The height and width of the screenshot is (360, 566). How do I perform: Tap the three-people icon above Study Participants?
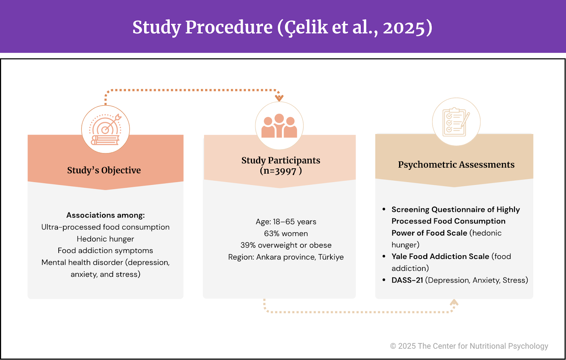tap(279, 126)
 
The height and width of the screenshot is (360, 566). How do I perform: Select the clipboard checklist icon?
tap(456, 122)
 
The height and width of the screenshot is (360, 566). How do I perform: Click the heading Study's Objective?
tap(104, 170)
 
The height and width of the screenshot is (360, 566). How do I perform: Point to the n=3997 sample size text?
tap(281, 171)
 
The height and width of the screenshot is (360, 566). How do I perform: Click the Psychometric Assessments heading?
tap(456, 164)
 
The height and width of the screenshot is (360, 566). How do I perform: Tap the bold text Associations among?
tap(105, 215)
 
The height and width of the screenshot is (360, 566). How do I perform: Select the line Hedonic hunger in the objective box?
tap(105, 239)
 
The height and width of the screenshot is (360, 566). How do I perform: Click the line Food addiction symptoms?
tap(105, 250)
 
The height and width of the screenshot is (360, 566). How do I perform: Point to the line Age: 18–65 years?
tap(286, 222)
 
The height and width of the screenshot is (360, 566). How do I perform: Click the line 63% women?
tap(286, 233)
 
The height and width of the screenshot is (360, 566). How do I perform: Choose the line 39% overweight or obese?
tap(286, 245)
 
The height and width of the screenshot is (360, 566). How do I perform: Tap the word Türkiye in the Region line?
tap(331, 257)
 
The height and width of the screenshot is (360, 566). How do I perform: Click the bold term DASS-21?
tap(407, 280)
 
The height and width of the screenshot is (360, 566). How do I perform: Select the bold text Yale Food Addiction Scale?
tap(440, 256)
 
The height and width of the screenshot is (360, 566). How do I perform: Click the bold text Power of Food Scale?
tap(429, 233)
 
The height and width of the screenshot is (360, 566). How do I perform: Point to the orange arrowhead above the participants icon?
tap(279, 98)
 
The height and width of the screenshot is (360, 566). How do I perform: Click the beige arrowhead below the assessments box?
tap(454, 302)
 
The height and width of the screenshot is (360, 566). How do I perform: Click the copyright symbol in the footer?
tap(393, 346)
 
